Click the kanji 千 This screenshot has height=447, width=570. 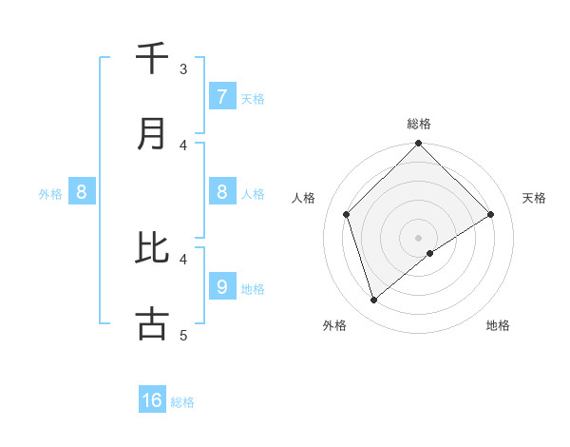point(152,59)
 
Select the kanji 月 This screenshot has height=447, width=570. point(152,134)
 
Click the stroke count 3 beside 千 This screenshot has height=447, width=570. point(183,69)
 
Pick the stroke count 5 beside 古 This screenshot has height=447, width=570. point(183,335)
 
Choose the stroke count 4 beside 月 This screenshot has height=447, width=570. point(183,145)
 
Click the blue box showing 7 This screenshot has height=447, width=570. point(221,96)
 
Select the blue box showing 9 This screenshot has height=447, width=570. point(221,286)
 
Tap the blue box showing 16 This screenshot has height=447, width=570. point(152,400)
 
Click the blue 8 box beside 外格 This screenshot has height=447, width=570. point(82,192)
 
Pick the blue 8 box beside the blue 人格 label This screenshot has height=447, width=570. point(221,192)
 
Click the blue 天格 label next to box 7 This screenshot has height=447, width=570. point(253,99)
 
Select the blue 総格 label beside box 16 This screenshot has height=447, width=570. point(182,403)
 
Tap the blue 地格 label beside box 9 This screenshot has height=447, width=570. point(253,289)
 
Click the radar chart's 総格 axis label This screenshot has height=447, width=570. point(419,124)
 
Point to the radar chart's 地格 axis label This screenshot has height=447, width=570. point(498,325)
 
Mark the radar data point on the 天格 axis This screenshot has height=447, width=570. point(491,214)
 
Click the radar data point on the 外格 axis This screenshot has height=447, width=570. point(374,301)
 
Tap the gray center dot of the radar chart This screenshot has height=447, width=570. point(418,237)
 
